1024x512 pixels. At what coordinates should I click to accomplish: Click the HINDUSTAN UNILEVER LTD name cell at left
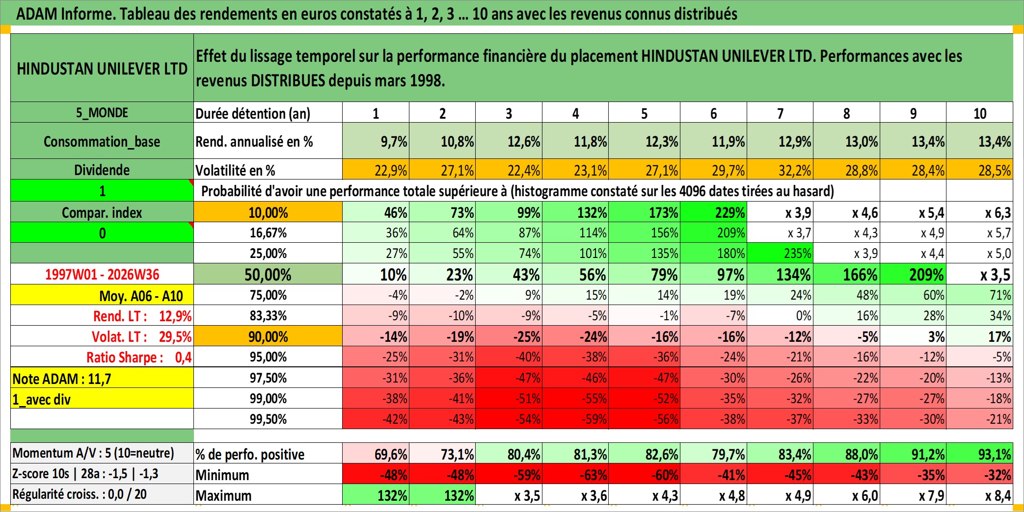102,68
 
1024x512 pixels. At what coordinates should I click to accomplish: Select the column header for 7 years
780,113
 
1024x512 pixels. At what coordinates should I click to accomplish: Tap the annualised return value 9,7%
376,141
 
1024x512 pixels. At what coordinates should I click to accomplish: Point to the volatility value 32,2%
780,170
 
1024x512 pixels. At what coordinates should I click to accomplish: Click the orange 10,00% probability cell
268,212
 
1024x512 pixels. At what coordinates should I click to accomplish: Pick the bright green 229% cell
714,212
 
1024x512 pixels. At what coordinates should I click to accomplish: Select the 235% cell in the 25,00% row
780,253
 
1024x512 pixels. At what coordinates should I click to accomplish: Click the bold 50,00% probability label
268,275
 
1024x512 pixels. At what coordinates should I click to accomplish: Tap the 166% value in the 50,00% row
847,274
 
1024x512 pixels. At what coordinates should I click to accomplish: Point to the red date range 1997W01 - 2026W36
102,274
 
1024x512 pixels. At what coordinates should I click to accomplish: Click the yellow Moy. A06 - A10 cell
102,295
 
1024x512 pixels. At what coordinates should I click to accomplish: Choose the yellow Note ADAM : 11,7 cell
102,378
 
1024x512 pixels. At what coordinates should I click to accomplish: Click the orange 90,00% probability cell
268,336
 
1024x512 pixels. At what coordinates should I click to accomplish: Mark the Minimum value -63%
575,474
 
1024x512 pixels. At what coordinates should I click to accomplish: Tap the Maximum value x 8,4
980,495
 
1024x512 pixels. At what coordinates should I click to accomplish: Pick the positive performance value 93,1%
980,454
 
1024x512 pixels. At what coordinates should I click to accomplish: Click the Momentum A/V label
93,453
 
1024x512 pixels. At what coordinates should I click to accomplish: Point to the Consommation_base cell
102,141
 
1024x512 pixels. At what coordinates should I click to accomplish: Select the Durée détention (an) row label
253,113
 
